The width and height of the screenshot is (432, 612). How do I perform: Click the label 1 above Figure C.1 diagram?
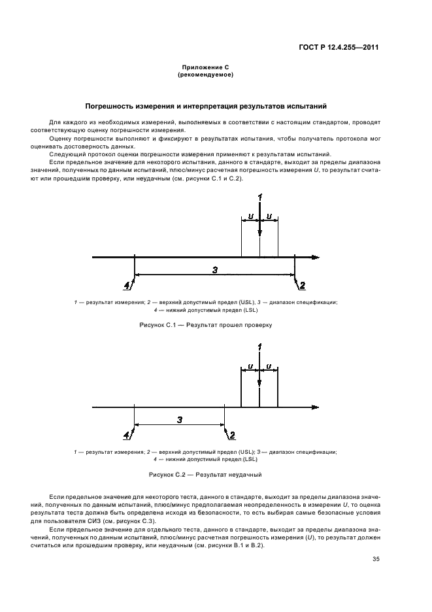click(x=260, y=197)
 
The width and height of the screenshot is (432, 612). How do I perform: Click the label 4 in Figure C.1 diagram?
click(x=127, y=284)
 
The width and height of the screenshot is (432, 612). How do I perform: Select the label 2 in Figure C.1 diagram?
click(x=302, y=284)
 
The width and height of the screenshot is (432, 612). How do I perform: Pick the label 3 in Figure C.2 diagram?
click(x=179, y=419)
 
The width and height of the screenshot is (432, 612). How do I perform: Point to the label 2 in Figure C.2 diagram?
click(x=232, y=434)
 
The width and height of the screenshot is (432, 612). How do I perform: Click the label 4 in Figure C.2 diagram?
click(x=127, y=434)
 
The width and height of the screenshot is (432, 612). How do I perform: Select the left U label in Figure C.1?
click(x=251, y=215)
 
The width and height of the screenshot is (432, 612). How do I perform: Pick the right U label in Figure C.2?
click(x=269, y=365)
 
